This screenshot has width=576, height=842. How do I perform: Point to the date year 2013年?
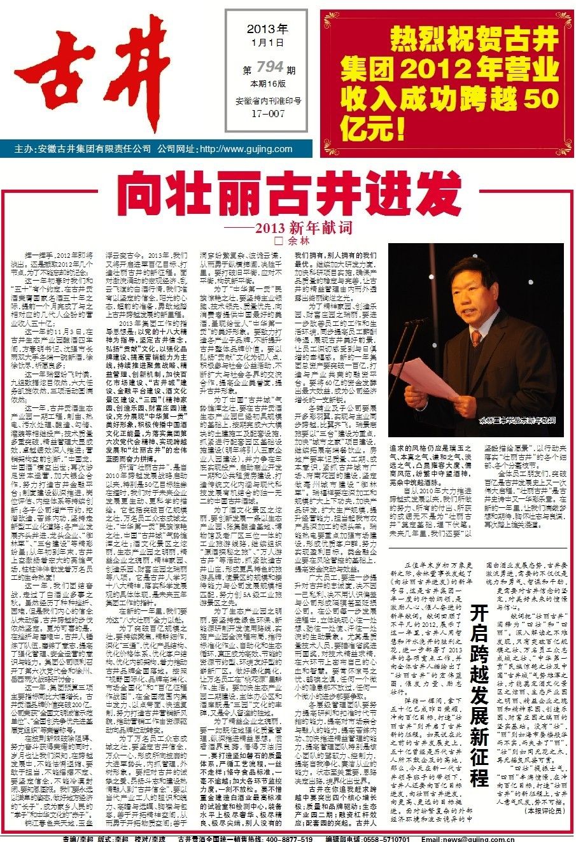pos(267,29)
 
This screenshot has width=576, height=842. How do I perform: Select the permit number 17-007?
pos(267,115)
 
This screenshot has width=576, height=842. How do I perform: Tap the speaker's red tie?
pos(475,339)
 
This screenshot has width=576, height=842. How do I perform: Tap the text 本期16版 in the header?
pos(267,85)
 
